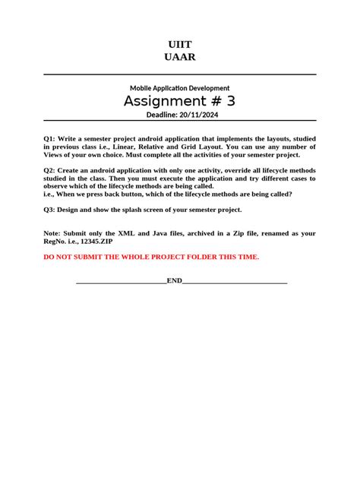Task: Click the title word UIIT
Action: coord(179,45)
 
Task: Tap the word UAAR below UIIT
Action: coord(179,58)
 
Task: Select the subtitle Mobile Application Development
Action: coord(179,88)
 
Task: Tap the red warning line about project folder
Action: coord(151,257)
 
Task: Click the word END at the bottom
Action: coord(175,281)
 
